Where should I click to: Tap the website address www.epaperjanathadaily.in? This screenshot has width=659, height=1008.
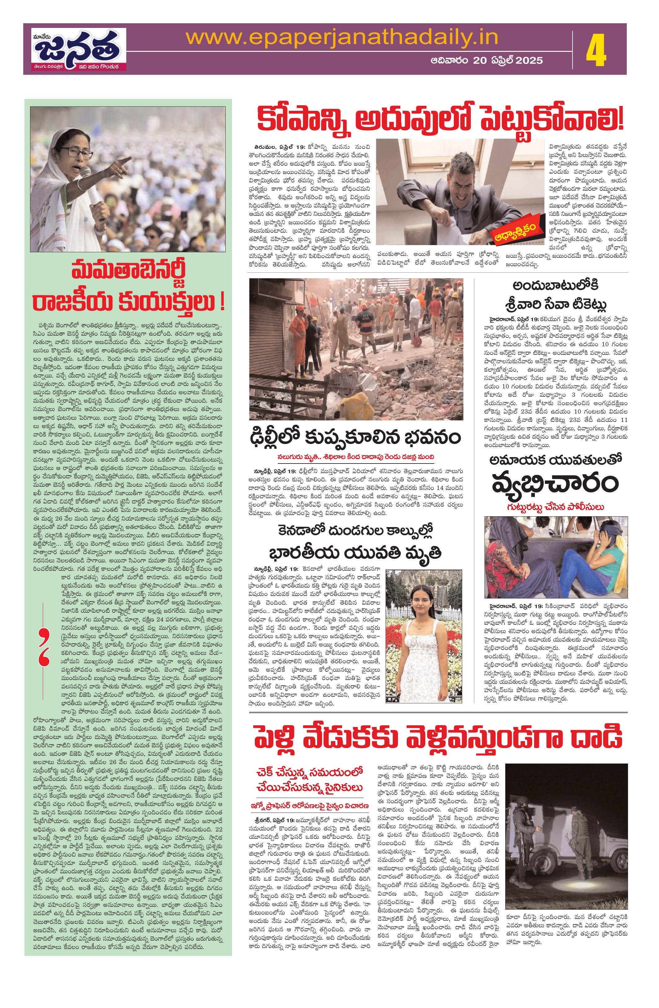pos(342,38)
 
